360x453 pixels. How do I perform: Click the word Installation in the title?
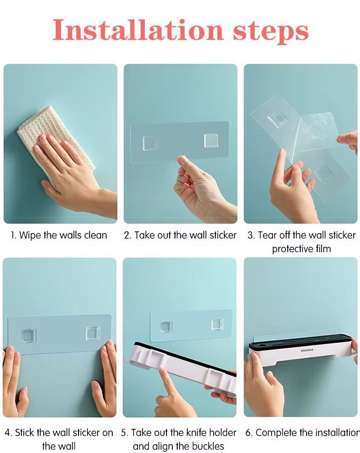pyautogui.click(x=138, y=30)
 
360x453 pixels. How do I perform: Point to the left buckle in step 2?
pyautogui.click(x=150, y=143)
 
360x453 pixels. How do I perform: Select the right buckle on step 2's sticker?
pyautogui.click(x=211, y=141)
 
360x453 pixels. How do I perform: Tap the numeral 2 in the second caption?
pyautogui.click(x=127, y=236)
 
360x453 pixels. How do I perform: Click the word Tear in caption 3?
pyautogui.click(x=267, y=235)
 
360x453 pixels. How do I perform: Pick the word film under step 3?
pyautogui.click(x=323, y=249)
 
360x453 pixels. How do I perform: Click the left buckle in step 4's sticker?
pyautogui.click(x=29, y=335)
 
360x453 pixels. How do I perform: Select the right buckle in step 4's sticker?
pyautogui.click(x=92, y=333)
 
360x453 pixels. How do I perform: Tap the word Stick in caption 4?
pyautogui.click(x=24, y=433)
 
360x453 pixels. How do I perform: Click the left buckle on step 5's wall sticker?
pyautogui.click(x=166, y=327)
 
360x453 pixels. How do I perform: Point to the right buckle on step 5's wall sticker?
pyautogui.click(x=217, y=324)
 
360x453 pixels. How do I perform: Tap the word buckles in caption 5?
pyautogui.click(x=207, y=446)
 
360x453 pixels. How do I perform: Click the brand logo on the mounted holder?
pyautogui.click(x=307, y=350)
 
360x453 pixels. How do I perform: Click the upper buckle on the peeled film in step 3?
pyautogui.click(x=277, y=119)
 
